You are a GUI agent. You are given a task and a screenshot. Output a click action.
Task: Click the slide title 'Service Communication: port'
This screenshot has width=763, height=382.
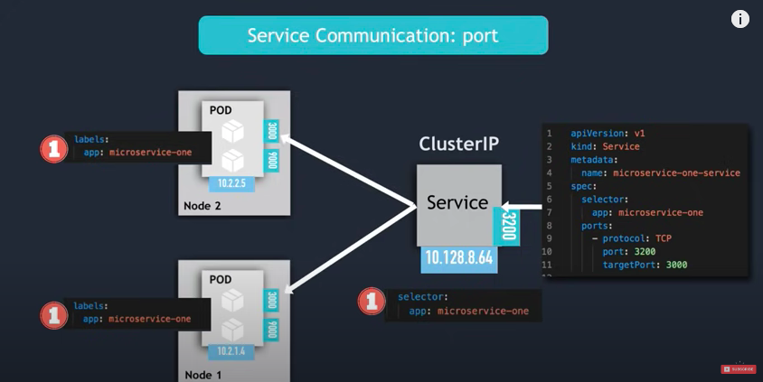coord(373,35)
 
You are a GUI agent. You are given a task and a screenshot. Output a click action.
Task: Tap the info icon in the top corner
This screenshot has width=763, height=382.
coord(739,19)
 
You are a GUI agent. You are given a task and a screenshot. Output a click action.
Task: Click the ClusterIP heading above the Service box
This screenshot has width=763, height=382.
coord(459,144)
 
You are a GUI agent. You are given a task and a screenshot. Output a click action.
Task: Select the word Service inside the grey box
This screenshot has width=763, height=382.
coord(457,202)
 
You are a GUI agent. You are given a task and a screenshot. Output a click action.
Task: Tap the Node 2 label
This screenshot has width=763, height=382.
coord(202,206)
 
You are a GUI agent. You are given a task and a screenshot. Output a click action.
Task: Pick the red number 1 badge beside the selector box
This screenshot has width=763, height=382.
coord(371,302)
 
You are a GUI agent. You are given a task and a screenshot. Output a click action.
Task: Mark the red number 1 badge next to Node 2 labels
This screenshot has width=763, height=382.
coord(54,149)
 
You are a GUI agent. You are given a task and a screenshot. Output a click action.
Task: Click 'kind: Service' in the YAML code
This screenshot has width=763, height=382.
coord(605,146)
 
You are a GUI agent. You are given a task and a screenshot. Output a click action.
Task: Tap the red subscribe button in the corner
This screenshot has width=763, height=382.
coord(738,368)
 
